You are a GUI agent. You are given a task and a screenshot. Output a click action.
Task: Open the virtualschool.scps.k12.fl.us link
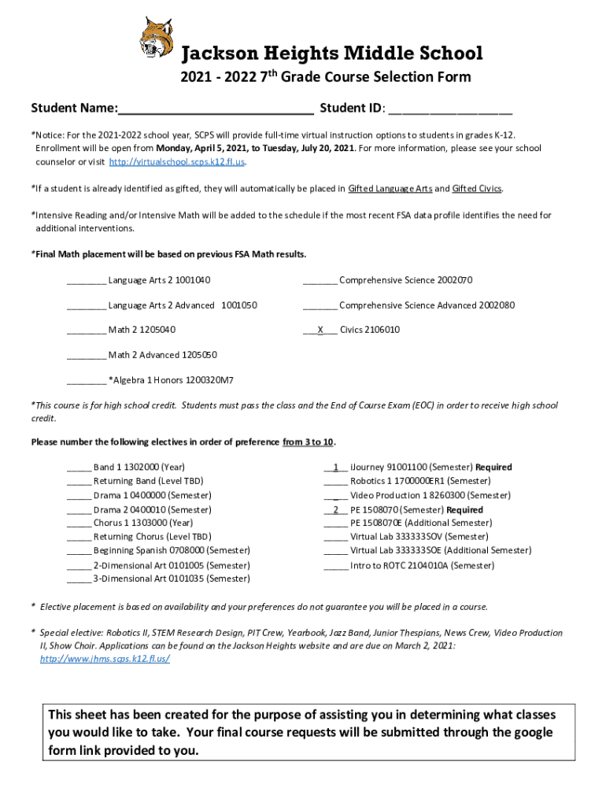coord(177,162)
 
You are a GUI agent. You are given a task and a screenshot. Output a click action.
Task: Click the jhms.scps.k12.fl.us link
coord(105,659)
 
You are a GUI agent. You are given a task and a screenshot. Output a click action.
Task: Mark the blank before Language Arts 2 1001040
coord(86,281)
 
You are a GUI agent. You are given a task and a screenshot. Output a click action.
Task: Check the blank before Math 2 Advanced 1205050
coord(86,356)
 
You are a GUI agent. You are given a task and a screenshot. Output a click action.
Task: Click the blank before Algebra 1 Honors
coord(86,381)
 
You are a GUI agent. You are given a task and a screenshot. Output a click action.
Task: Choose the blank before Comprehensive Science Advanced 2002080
coord(320,305)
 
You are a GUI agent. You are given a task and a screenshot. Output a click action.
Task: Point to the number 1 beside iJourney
coord(336,468)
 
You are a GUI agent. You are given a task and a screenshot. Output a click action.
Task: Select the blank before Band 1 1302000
coord(79,468)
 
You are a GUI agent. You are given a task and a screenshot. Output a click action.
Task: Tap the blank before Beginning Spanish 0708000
coord(79,551)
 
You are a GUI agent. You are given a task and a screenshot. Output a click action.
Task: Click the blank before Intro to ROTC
coord(335,566)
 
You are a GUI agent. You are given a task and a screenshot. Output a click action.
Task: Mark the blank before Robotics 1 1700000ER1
coord(335,481)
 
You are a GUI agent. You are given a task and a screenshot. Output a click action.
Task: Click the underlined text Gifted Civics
coord(477,189)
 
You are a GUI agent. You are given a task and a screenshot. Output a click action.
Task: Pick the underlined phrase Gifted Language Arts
coord(390,189)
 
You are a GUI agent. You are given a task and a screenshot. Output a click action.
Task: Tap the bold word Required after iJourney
coord(493,468)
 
